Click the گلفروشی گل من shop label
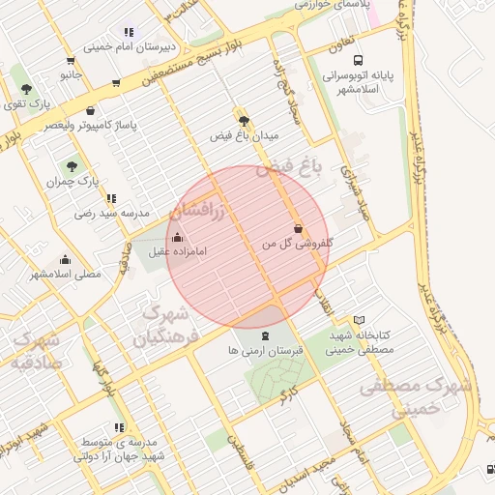click(x=298, y=245)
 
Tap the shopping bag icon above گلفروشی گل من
click(x=298, y=229)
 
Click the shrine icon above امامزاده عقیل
click(x=177, y=237)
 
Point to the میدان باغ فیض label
click(x=244, y=136)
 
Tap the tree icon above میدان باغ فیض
click(x=244, y=121)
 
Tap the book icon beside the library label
click(x=360, y=320)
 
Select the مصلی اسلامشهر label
click(x=65, y=274)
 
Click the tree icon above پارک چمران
click(x=60, y=165)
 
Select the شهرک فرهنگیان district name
click(x=164, y=327)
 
